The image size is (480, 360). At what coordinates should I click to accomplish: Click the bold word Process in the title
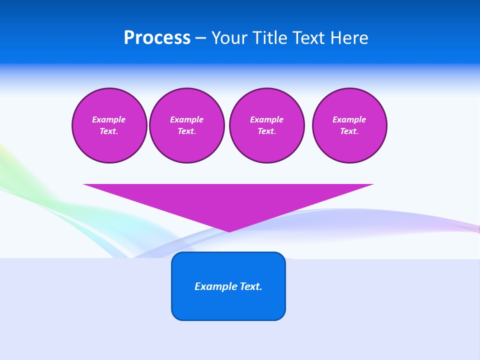[x=157, y=38]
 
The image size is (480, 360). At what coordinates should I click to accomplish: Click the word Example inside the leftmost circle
[x=109, y=119]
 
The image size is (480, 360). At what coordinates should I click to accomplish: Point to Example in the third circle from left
[x=266, y=119]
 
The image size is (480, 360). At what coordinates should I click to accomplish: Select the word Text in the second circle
[x=186, y=131]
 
